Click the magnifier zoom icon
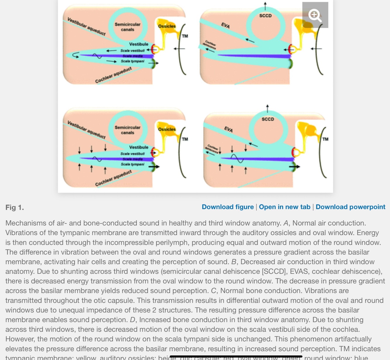tap(315, 15)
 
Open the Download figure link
tap(227, 207)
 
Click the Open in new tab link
tap(284, 207)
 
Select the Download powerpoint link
tap(350, 207)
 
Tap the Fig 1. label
tap(15, 208)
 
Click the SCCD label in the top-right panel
tap(265, 16)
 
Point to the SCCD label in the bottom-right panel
tap(268, 119)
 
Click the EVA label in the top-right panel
tap(225, 26)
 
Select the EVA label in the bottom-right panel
tap(228, 129)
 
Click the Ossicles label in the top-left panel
tap(167, 26)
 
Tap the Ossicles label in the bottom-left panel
tap(167, 129)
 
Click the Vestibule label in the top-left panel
tap(139, 44)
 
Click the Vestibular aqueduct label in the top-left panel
tap(86, 27)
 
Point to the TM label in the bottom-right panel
tap(325, 139)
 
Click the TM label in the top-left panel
tap(185, 36)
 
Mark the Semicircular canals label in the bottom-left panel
tap(127, 130)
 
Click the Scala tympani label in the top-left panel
tap(132, 61)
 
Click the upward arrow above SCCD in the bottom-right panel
tap(267, 108)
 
